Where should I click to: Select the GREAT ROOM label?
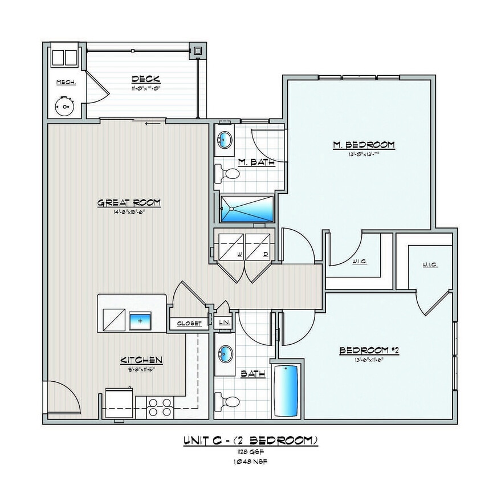(129, 202)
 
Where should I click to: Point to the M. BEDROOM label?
(364, 145)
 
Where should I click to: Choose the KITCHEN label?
(141, 360)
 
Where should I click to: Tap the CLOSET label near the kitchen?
(189, 323)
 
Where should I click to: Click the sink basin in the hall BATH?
(226, 353)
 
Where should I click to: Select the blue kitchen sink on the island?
(139, 321)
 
